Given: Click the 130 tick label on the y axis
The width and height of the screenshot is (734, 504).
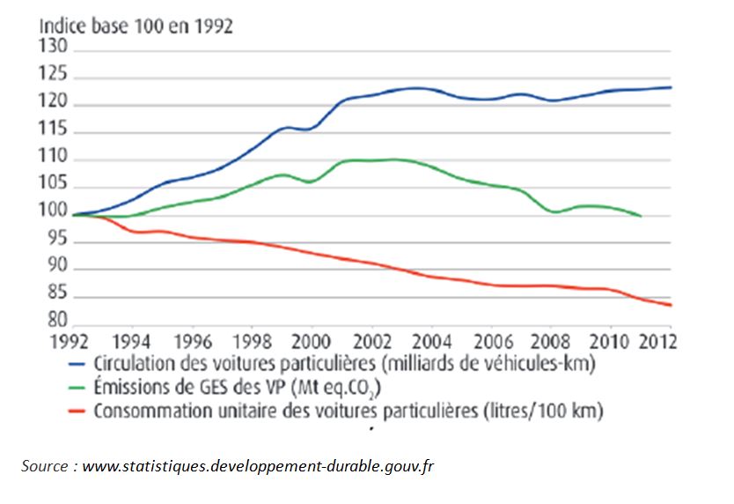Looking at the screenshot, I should point(55,49).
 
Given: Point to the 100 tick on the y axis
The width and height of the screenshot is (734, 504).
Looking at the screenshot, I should point(55,213).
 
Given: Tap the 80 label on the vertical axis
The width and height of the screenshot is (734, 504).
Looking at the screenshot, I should point(58,322).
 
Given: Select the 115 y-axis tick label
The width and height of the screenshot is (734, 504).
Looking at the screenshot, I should point(55,131).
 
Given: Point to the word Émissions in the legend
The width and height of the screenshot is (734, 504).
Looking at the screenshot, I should point(129,386).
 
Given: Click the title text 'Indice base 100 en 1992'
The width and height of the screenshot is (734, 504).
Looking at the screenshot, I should point(135,26).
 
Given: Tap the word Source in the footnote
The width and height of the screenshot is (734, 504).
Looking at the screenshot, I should point(45,466).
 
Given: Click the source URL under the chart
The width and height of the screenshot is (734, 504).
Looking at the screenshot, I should point(258,466).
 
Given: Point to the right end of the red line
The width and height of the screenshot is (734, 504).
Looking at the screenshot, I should point(672,305).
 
